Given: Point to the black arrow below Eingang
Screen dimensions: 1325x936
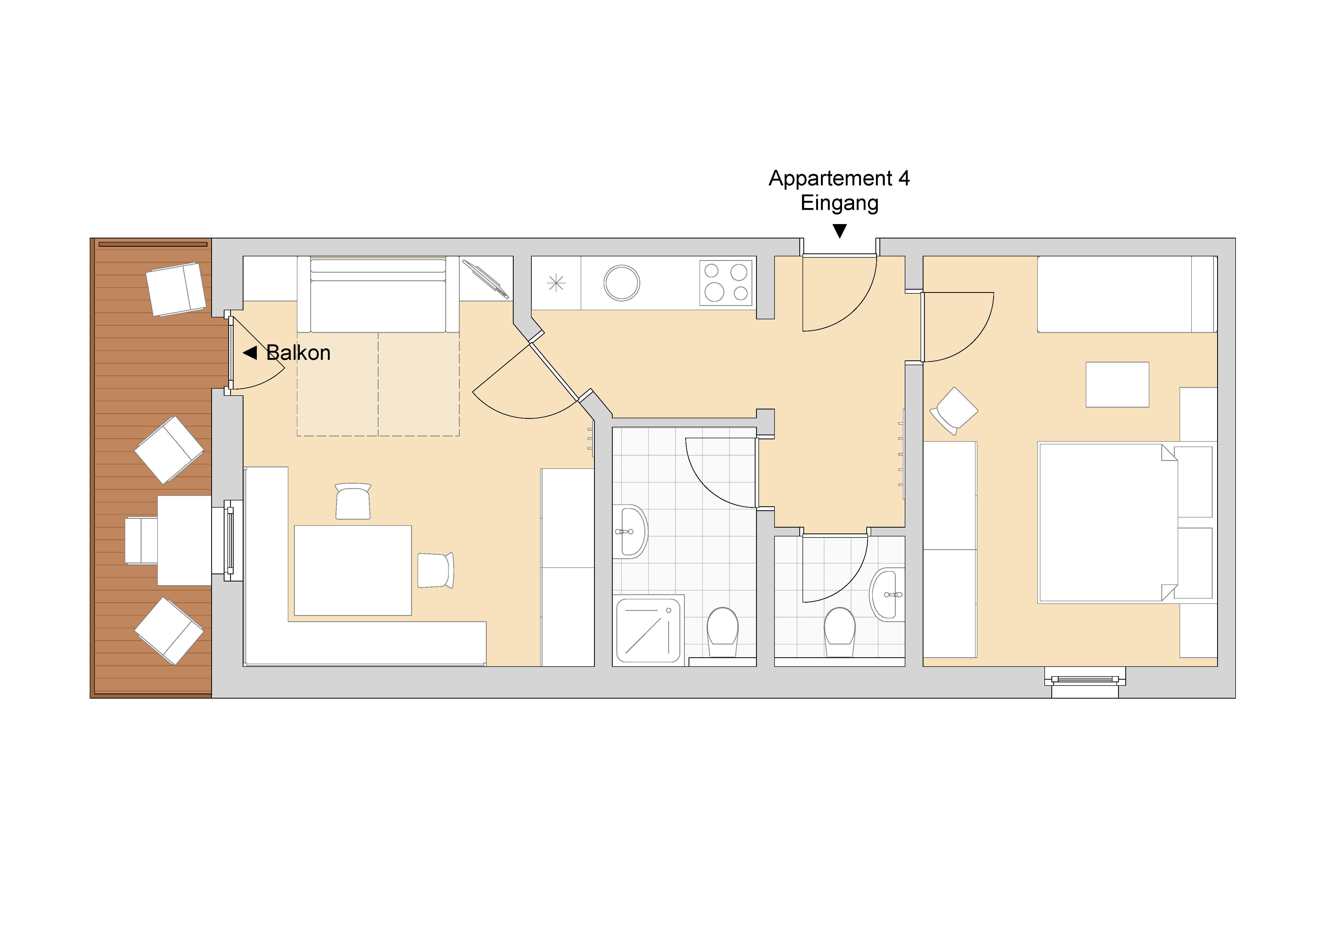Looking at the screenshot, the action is coord(840,231).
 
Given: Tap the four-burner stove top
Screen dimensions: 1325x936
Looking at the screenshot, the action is coord(726,282).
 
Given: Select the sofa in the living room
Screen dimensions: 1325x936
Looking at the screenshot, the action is coord(378,295).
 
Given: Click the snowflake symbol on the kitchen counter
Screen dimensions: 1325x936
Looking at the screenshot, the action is coord(556,282).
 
